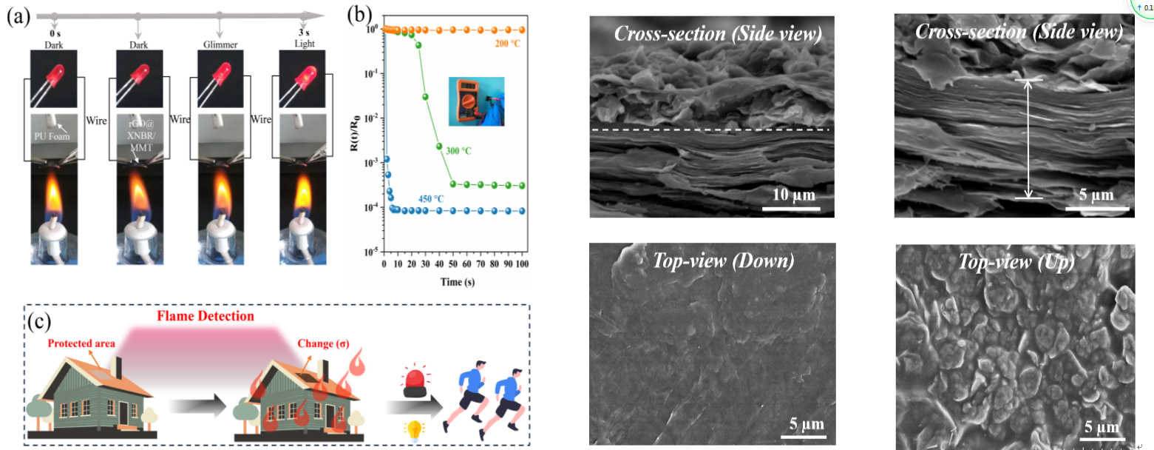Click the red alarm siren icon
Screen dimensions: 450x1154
[x=415, y=381]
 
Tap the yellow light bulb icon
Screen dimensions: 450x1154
[x=415, y=428]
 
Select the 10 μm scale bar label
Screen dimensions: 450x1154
[x=791, y=196]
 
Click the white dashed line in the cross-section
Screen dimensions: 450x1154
[x=710, y=130]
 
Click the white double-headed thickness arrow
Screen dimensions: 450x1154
[x=1028, y=139]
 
